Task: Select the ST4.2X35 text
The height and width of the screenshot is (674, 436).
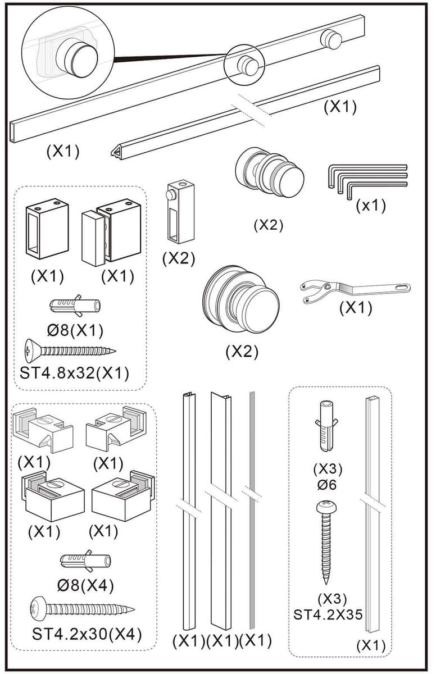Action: point(328,614)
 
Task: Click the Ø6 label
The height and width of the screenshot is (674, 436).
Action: point(328,484)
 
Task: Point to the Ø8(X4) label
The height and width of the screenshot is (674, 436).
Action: point(85,586)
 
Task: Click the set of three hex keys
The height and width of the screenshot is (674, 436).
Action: point(365,178)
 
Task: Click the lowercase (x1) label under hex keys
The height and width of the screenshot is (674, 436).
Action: point(371,206)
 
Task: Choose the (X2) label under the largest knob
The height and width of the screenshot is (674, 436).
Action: point(242,352)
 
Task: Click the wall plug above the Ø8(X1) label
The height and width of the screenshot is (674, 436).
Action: point(75,306)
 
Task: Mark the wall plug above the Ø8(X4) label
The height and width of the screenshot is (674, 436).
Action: point(85,561)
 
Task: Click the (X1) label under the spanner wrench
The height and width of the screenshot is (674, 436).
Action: point(356,308)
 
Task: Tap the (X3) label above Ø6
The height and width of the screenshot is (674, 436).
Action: point(328,468)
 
